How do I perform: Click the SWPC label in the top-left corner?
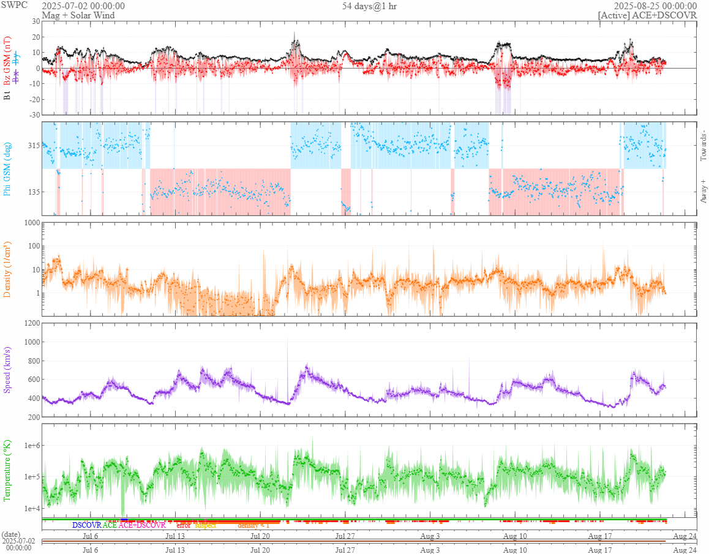tap(13, 6)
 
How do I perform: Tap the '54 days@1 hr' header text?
tap(369, 6)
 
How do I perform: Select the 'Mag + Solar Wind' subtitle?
tap(79, 15)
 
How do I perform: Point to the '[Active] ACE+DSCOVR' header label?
tap(647, 15)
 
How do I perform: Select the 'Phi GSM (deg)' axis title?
tap(7, 168)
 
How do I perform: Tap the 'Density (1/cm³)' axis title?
tap(7, 269)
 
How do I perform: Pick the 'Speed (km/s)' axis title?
tap(7, 370)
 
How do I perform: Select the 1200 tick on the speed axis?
tap(30, 323)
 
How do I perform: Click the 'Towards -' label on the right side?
tap(703, 146)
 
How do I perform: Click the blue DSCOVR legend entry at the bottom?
tap(86, 525)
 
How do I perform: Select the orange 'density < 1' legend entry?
tap(253, 525)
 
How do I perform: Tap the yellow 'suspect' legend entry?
tap(205, 525)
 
